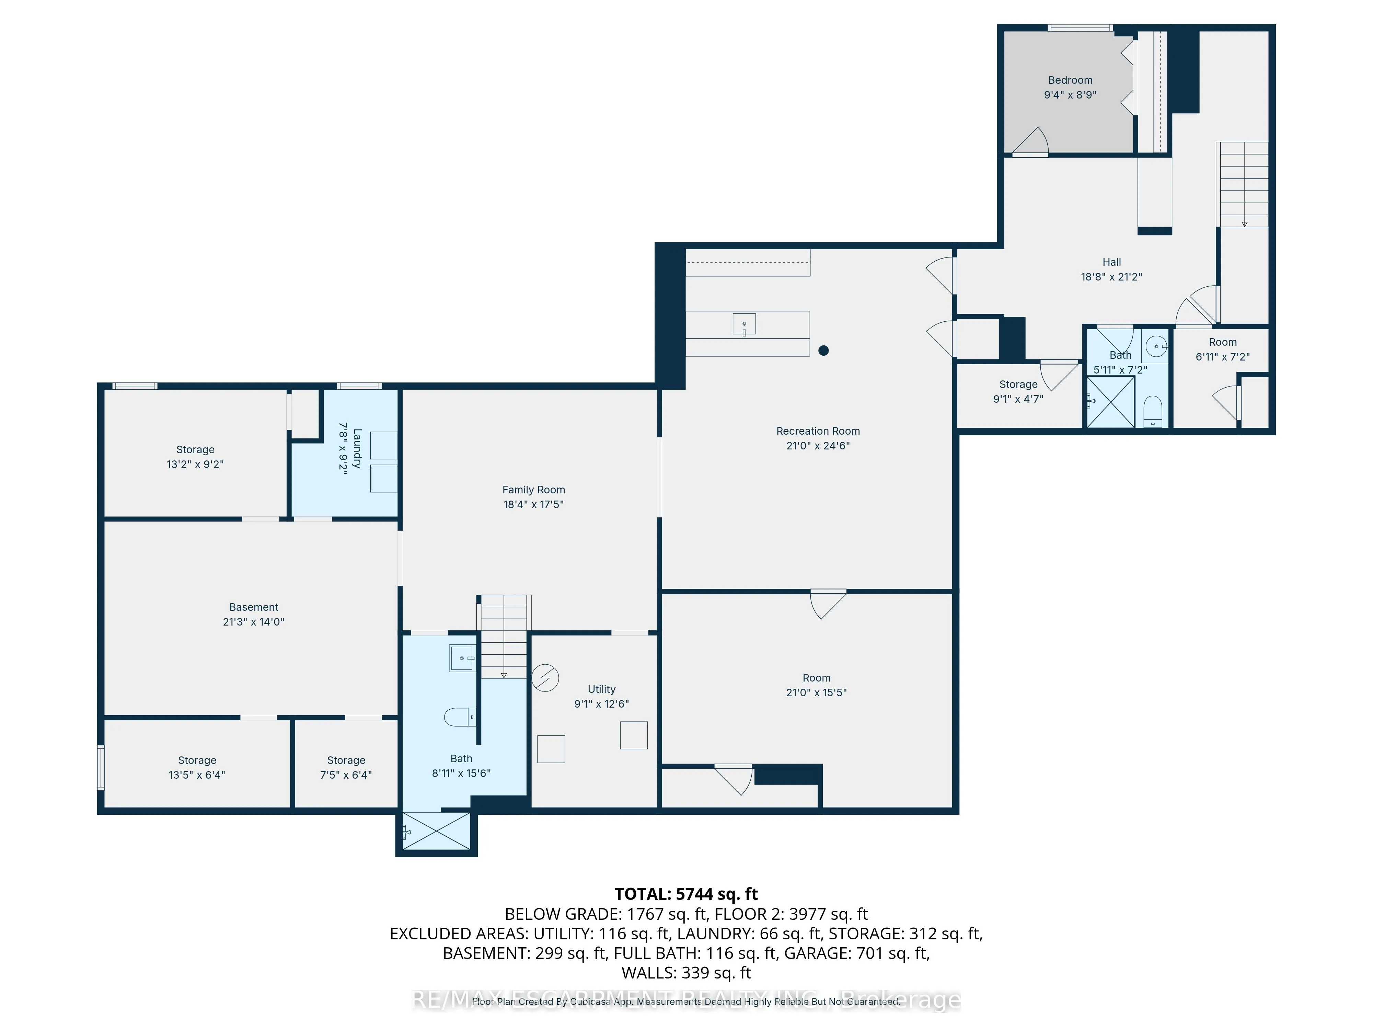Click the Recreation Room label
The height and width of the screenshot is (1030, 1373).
818,431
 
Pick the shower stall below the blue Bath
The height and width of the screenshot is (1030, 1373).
436,831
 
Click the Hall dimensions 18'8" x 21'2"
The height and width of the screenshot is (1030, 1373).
1111,277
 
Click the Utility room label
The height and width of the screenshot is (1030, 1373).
601,689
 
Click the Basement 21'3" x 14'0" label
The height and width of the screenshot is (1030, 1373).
253,607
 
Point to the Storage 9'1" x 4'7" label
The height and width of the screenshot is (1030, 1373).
1018,384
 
